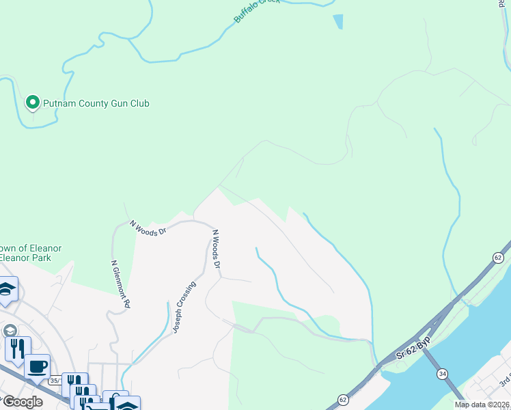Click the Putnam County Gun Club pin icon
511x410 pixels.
coord(32,103)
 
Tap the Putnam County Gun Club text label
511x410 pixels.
coord(96,103)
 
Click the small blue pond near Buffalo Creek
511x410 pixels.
coord(338,22)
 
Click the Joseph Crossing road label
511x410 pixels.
coord(184,307)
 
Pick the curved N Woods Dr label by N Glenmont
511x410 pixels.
coord(148,228)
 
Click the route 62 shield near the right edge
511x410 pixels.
coord(498,258)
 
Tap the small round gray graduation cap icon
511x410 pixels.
coord(10,330)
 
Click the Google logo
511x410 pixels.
coord(22,402)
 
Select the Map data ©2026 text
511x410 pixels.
coord(482,405)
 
